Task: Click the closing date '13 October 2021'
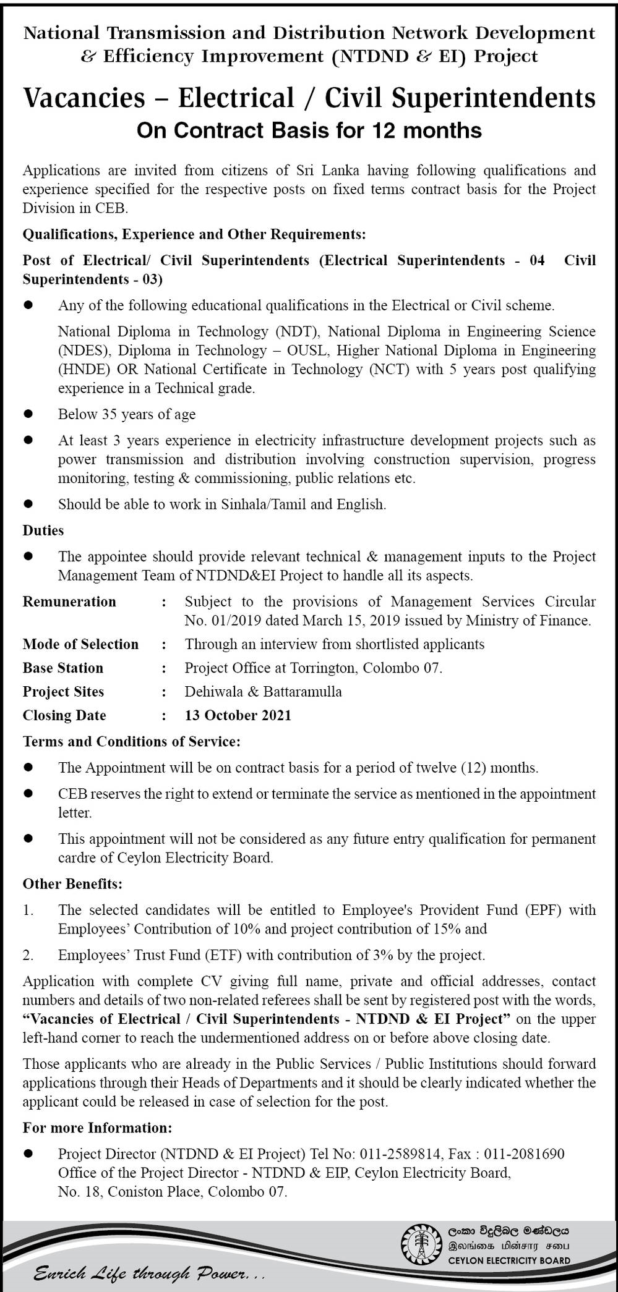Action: coord(238,715)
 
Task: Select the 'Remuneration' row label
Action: coord(69,601)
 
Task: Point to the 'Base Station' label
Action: coord(63,668)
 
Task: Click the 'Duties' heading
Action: coord(43,530)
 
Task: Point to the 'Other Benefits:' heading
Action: coord(72,883)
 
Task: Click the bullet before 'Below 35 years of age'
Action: coord(28,414)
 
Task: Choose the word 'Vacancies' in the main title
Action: coord(84,98)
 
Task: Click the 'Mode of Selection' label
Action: coord(80,644)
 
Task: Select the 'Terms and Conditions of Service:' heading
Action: coord(131,741)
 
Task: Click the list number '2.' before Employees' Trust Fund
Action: coord(28,955)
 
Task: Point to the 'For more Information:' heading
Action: coord(97,1128)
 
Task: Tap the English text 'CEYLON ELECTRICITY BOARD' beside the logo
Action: coord(509,1260)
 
